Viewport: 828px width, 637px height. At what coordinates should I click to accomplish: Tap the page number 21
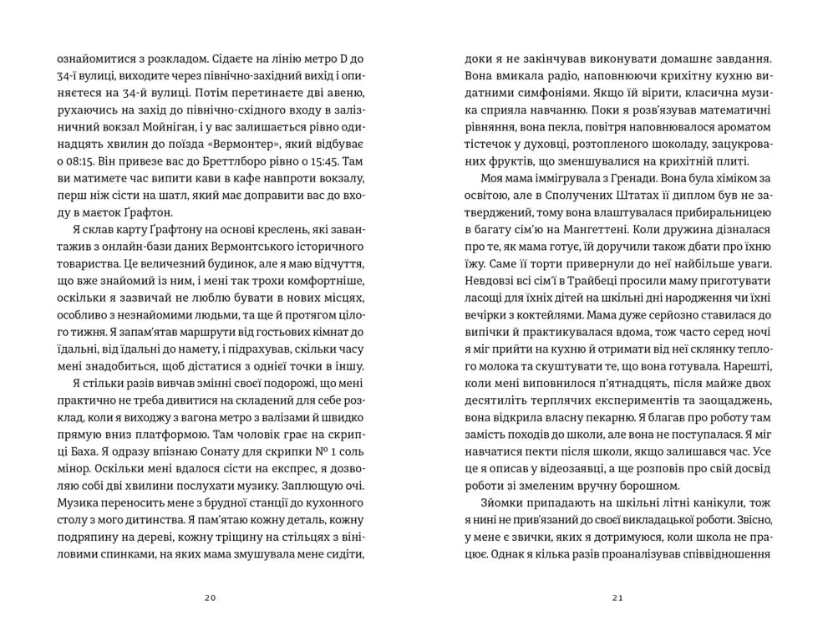(617, 598)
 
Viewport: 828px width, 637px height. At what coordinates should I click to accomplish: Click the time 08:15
(74, 158)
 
